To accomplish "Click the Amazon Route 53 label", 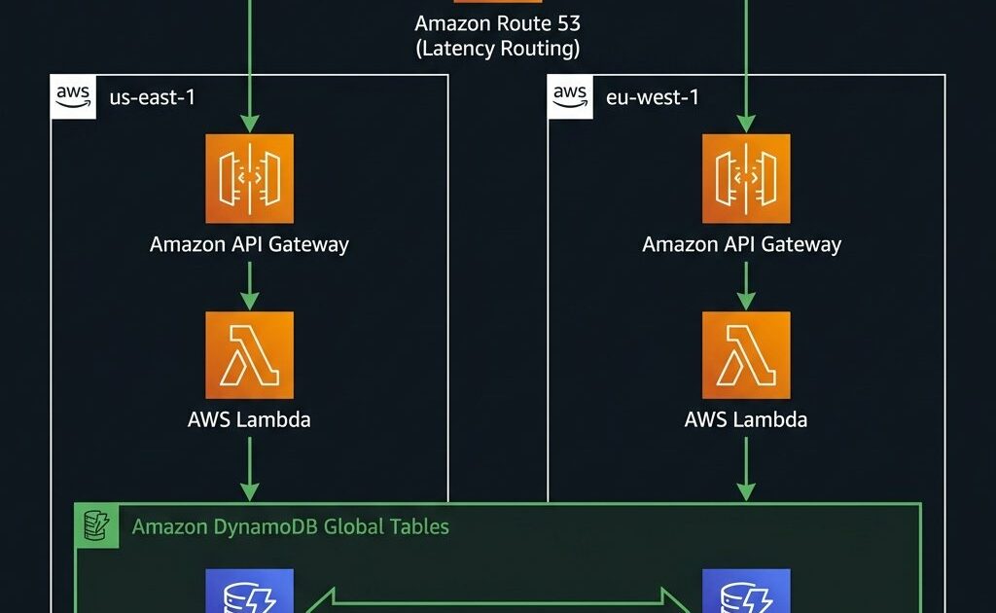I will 498,22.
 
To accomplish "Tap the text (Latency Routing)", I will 498,49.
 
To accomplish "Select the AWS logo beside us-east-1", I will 73,95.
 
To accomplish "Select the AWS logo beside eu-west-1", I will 570,95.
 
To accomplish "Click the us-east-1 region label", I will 153,97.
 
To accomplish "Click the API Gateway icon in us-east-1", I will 249,178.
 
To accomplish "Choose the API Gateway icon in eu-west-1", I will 746,178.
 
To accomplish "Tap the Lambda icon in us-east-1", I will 249,355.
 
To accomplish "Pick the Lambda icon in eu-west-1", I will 746,355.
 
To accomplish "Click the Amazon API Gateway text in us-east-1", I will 249,244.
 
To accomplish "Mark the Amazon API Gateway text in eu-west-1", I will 742,244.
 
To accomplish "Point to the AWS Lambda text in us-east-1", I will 249,420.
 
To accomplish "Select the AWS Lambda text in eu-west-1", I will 746,420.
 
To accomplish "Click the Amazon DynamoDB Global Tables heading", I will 291,527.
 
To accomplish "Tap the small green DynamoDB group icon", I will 97,525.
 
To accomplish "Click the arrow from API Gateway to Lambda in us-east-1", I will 249,284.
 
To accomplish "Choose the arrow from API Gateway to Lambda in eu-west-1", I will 746,284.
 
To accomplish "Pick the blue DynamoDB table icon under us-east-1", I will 249,594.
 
